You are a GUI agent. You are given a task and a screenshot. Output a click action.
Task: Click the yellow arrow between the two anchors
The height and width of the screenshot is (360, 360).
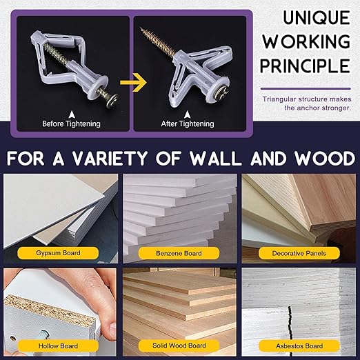133,82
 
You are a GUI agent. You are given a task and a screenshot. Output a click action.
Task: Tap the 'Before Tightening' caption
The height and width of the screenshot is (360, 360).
71,123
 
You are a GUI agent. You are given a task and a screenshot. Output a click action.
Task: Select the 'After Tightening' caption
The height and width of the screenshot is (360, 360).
188,123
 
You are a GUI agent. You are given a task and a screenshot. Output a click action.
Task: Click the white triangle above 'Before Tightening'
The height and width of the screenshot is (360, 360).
72,114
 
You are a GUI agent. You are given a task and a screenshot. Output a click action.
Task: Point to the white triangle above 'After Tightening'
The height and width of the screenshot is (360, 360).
188,114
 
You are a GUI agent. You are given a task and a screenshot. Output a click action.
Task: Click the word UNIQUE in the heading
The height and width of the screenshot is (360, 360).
317,17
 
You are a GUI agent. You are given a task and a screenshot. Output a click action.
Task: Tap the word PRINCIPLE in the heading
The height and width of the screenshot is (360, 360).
306,66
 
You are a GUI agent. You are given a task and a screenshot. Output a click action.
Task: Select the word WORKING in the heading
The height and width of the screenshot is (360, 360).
306,41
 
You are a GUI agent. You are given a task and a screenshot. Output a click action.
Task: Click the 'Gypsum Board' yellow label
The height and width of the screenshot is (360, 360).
58,253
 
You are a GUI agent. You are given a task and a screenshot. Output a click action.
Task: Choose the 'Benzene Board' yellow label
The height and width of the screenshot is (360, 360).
179,253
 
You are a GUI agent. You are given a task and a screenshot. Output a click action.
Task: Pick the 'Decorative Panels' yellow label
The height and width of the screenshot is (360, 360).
299,253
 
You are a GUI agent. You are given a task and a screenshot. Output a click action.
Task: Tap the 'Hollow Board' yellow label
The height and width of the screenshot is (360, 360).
58,346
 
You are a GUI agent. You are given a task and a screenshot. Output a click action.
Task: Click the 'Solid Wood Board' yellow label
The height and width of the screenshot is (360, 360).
179,346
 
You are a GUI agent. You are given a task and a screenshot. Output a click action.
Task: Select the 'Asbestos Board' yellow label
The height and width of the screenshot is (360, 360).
299,346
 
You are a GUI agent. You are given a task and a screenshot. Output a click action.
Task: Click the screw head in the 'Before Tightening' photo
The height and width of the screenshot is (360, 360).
112,99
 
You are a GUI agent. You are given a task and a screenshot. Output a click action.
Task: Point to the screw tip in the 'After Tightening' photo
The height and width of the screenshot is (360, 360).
141,28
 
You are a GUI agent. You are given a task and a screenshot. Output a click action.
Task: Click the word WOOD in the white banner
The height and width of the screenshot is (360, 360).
325,158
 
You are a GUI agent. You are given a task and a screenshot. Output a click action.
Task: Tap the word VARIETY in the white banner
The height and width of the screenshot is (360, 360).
110,158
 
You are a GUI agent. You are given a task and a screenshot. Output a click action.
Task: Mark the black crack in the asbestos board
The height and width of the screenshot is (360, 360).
290,323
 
